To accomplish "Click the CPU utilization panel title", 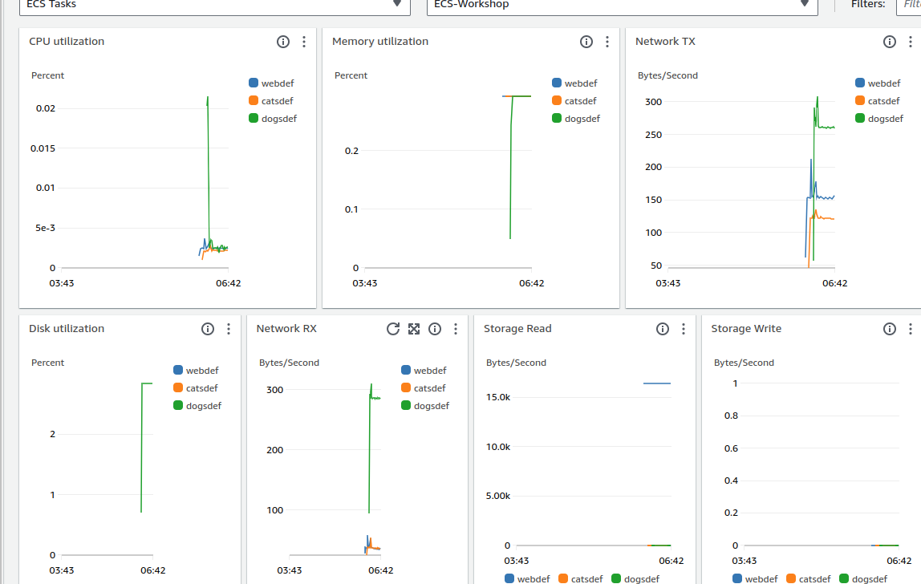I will (x=67, y=42).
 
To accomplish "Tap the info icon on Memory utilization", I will (x=586, y=42).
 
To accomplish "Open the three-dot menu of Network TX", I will (x=911, y=42).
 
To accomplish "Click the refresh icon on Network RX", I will (x=393, y=329).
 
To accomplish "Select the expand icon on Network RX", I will (x=414, y=329).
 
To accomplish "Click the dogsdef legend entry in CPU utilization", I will (x=279, y=119).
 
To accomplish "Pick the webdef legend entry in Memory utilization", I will (x=580, y=83).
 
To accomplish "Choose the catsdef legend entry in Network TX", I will (x=884, y=101).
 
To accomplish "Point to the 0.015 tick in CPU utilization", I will (x=43, y=148).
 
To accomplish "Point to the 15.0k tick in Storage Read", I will (x=498, y=398).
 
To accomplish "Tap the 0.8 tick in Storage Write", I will (x=731, y=416).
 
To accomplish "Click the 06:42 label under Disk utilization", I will (x=153, y=570).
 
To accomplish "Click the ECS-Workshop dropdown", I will (x=622, y=5).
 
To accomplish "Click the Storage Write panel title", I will (x=746, y=329).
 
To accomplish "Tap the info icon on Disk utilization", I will (x=208, y=329).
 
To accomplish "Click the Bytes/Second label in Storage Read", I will (x=516, y=363).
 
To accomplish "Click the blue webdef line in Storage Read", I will (x=657, y=383).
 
